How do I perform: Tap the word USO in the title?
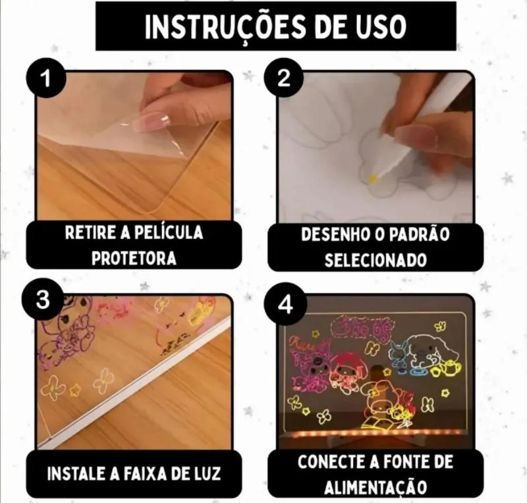pos(379,26)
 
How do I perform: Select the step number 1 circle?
pos(45,78)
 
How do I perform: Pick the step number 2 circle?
pos(283,78)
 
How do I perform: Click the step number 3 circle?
pos(43,300)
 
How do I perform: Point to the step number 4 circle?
pos(285,305)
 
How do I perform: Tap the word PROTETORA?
pos(134,258)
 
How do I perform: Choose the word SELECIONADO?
pos(375,260)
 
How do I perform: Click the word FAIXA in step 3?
pos(146,474)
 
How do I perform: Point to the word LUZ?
pos(207,474)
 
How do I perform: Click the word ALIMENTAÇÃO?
pos(375,488)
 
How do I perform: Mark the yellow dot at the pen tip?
pos(373,179)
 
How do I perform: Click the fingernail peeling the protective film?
pos(152,121)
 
